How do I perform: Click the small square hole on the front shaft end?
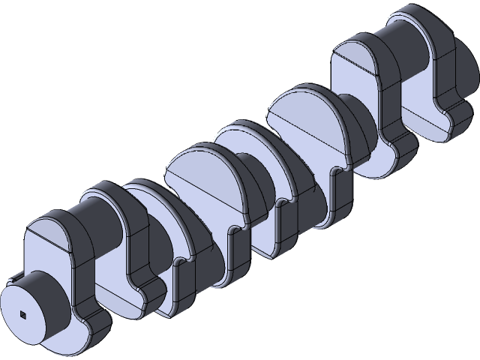(x=24, y=314)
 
